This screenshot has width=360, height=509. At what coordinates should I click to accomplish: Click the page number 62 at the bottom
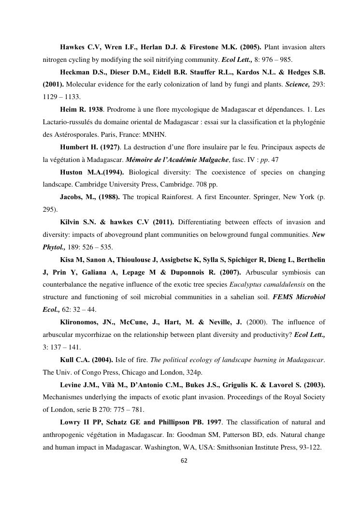tap(183, 460)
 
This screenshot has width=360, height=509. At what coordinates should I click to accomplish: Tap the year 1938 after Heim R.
tap(93, 109)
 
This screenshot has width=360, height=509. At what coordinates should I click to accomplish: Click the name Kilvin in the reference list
tap(72, 222)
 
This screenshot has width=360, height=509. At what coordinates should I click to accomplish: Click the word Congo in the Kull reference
tap(95, 373)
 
